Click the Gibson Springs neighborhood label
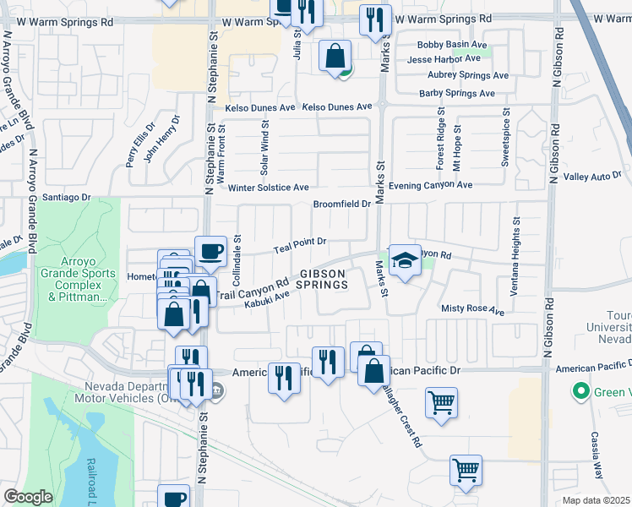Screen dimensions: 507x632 pyautogui.click(x=322, y=279)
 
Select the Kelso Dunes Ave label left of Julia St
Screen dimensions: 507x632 pyautogui.click(x=259, y=108)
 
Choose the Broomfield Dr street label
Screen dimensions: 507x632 pyautogui.click(x=342, y=204)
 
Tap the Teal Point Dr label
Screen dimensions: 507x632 pyautogui.click(x=300, y=244)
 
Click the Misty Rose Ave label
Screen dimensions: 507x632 pyautogui.click(x=472, y=310)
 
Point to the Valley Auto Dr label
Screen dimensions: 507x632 pyautogui.click(x=592, y=177)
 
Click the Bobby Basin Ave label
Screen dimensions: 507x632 pyautogui.click(x=452, y=45)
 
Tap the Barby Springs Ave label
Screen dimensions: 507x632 pyautogui.click(x=457, y=93)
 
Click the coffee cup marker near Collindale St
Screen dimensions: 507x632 pyautogui.click(x=210, y=252)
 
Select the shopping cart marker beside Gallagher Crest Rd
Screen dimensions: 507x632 pyautogui.click(x=441, y=402)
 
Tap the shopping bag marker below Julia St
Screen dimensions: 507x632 pyautogui.click(x=335, y=57)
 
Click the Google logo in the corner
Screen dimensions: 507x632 pyautogui.click(x=28, y=497)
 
